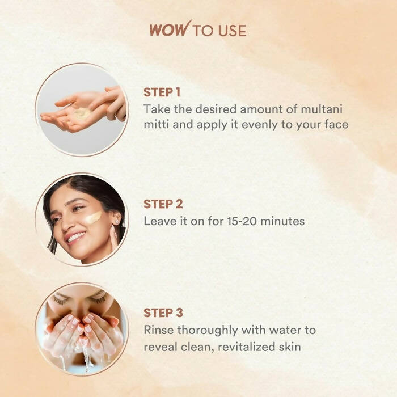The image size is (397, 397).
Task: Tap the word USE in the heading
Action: [x=232, y=31]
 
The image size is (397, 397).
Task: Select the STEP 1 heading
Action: [x=162, y=92]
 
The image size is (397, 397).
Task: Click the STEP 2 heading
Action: [x=163, y=204]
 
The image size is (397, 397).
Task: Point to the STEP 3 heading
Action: [x=163, y=312]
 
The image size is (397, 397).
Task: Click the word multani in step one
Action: [x=322, y=109]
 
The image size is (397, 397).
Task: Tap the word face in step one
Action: [x=336, y=124]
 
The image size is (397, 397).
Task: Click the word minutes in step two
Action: [x=282, y=221]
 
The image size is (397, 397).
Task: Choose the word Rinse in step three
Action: [x=158, y=330]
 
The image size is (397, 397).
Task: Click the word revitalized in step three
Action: [x=246, y=347]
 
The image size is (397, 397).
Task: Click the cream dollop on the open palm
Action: [x=82, y=113]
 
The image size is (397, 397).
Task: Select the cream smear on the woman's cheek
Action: [x=94, y=217]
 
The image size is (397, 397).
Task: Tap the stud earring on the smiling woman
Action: [x=117, y=222]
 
